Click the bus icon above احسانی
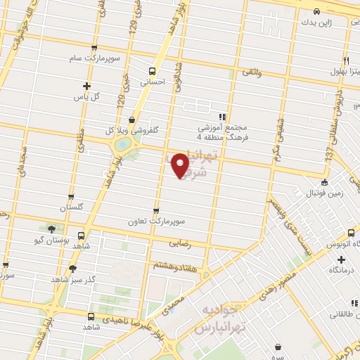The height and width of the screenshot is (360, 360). (153, 71)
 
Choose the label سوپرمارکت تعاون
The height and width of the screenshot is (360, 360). (155, 221)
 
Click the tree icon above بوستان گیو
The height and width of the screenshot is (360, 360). (51, 229)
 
